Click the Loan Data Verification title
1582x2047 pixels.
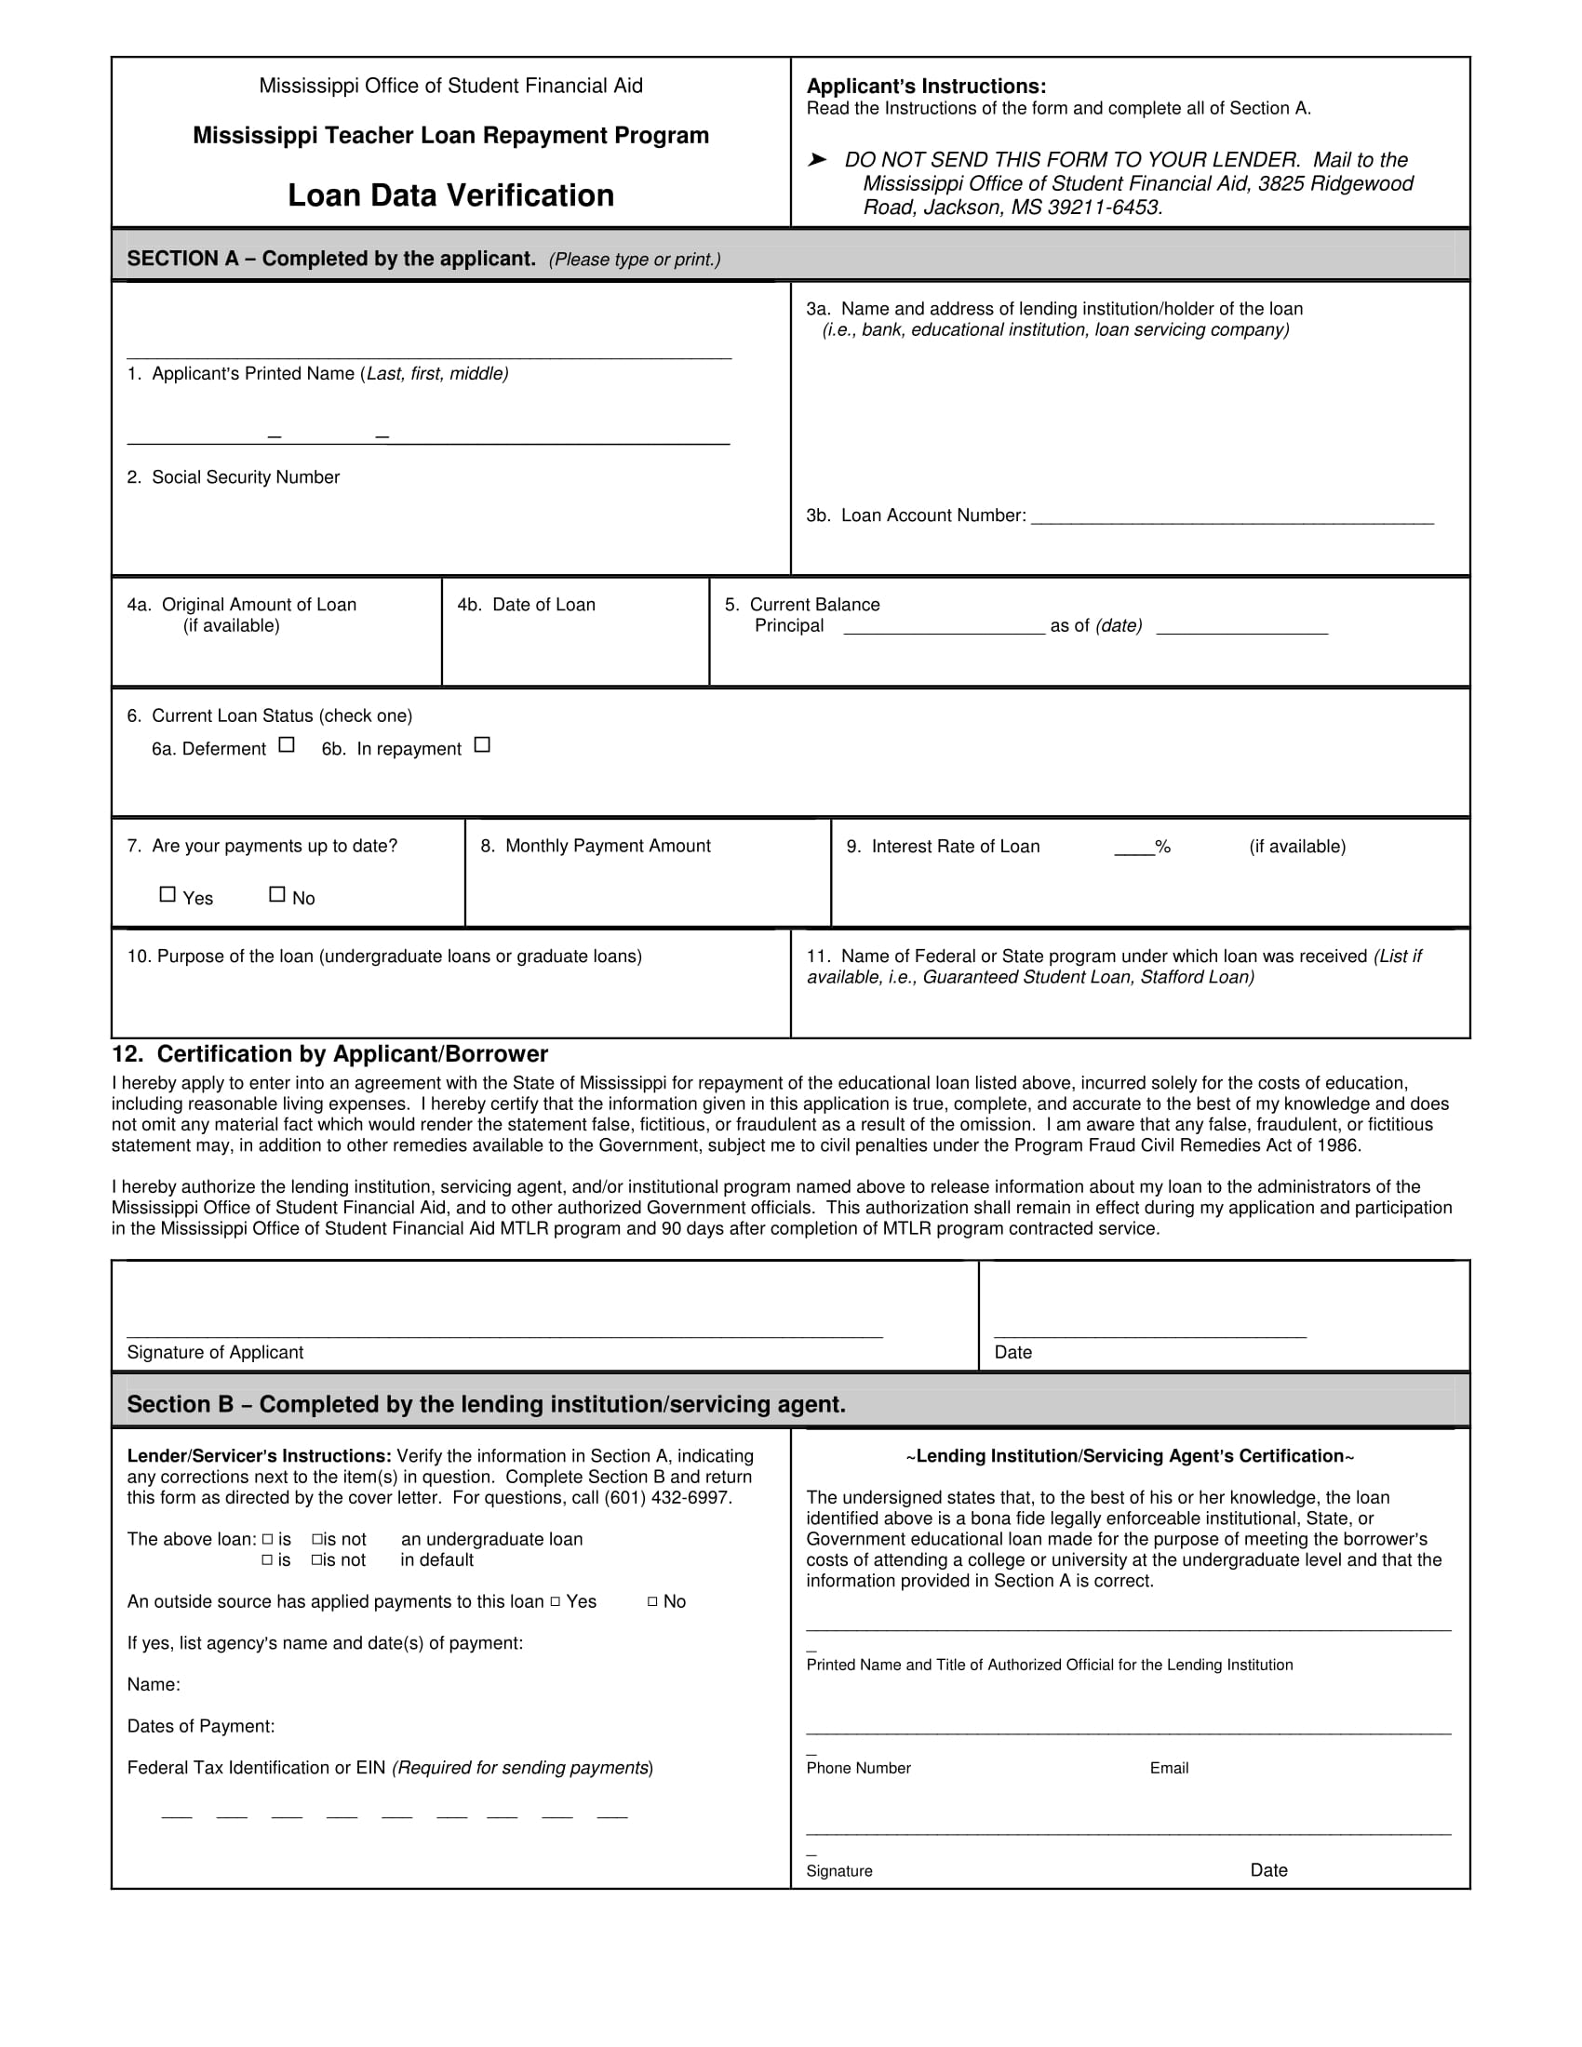click(x=450, y=196)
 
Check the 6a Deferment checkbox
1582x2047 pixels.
click(x=287, y=745)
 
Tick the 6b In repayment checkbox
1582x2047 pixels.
click(x=482, y=745)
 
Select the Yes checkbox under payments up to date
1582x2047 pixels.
click(x=168, y=894)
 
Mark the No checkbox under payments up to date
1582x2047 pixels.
click(x=277, y=894)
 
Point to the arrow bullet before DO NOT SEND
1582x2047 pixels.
click(x=817, y=160)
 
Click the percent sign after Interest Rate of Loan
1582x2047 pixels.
click(x=1163, y=847)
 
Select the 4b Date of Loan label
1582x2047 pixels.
click(x=526, y=605)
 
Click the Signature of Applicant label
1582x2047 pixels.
click(x=215, y=1352)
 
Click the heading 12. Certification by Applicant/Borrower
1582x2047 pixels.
click(x=330, y=1054)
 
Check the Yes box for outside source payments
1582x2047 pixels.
click(x=555, y=1602)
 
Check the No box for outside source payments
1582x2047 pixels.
click(x=652, y=1602)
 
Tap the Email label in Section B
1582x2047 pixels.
click(x=1169, y=1768)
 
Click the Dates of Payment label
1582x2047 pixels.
click(x=201, y=1725)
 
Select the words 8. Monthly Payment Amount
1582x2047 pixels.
click(x=596, y=846)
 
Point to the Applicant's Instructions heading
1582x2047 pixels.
click(x=926, y=87)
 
